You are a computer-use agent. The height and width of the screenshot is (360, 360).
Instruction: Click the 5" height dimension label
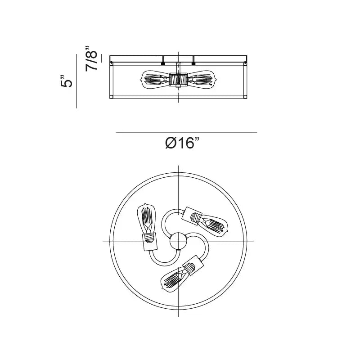pos(66,81)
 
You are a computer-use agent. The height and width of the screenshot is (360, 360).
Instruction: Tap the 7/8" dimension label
pos(91,58)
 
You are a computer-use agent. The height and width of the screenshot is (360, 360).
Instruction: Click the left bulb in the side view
pos(155,80)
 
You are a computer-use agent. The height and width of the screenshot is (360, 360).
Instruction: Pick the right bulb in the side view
pos(202,80)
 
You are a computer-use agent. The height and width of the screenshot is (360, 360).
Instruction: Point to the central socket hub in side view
pos(178,80)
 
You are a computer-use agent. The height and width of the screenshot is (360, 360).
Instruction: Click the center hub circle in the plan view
pos(178,241)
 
